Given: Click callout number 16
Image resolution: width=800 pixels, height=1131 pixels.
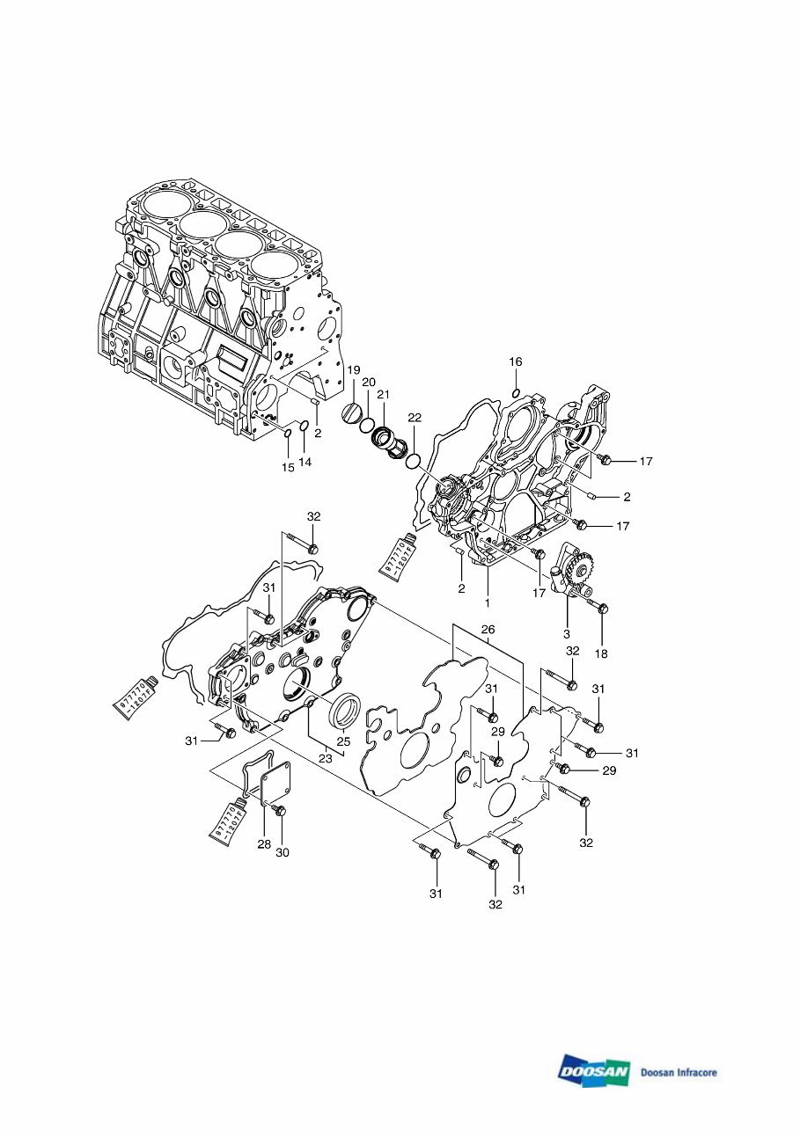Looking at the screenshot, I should (516, 361).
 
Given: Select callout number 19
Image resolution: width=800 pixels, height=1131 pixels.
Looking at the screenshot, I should (353, 369).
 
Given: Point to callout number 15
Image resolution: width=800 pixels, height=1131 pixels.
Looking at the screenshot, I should (288, 468).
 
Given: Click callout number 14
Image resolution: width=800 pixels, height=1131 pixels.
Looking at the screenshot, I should (305, 462).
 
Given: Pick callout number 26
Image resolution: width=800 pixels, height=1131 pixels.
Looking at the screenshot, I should (488, 630).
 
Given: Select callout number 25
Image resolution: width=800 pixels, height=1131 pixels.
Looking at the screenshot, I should (343, 741).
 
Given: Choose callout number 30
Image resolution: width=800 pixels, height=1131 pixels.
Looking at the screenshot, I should (282, 852).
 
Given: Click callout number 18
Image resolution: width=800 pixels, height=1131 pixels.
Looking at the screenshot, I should (602, 654).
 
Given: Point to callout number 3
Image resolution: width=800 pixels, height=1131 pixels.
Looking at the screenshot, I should (567, 633).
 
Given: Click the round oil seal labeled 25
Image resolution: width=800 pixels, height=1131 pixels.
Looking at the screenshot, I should (345, 711).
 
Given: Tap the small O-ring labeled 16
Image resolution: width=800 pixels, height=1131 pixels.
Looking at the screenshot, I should (516, 392).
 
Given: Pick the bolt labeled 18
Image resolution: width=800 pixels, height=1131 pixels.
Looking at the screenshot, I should (598, 607).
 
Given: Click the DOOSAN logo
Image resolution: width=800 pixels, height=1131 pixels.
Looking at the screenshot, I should (594, 1070).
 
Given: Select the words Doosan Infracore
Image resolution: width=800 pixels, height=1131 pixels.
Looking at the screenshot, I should (679, 1072).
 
